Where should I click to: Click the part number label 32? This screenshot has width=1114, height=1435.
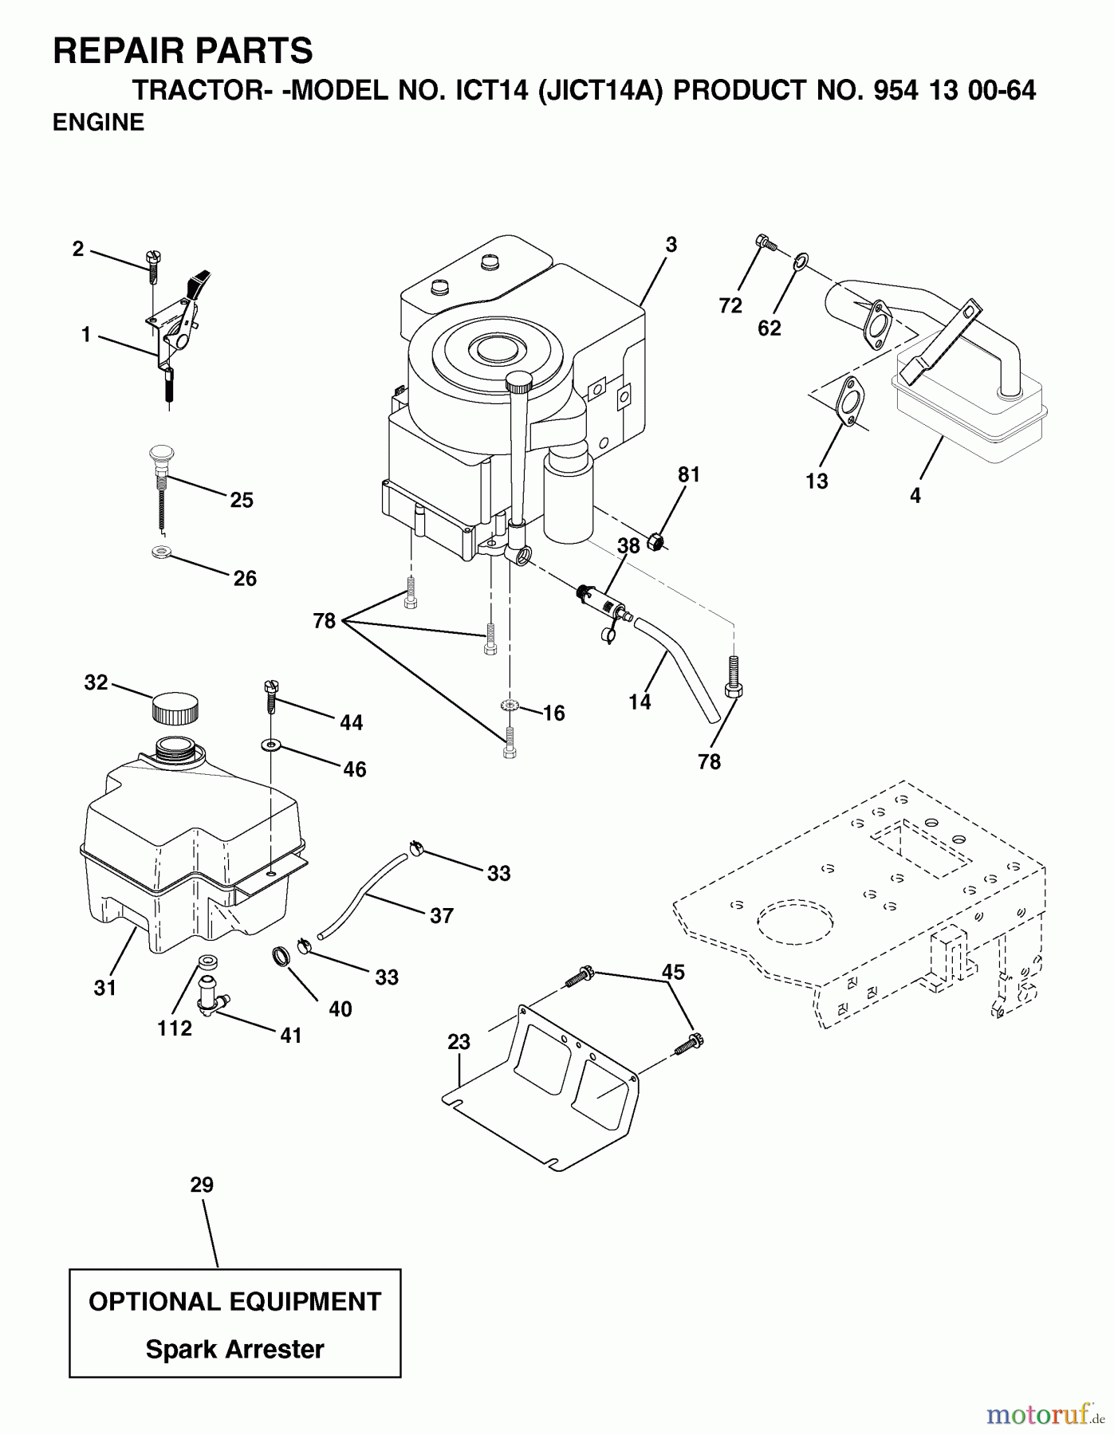point(96,683)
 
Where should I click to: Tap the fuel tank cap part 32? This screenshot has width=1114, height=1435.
point(175,707)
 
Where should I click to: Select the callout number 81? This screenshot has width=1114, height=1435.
point(688,474)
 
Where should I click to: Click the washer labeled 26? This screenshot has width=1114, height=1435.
point(162,552)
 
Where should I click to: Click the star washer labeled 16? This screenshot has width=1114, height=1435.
point(510,706)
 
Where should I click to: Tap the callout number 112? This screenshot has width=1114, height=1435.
point(175,1028)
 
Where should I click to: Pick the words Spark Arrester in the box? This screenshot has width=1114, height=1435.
point(234,1350)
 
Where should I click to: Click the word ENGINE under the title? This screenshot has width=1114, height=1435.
point(98,123)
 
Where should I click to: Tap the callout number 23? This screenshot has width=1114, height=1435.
point(459,1042)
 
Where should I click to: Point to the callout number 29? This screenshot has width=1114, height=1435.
point(202,1185)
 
